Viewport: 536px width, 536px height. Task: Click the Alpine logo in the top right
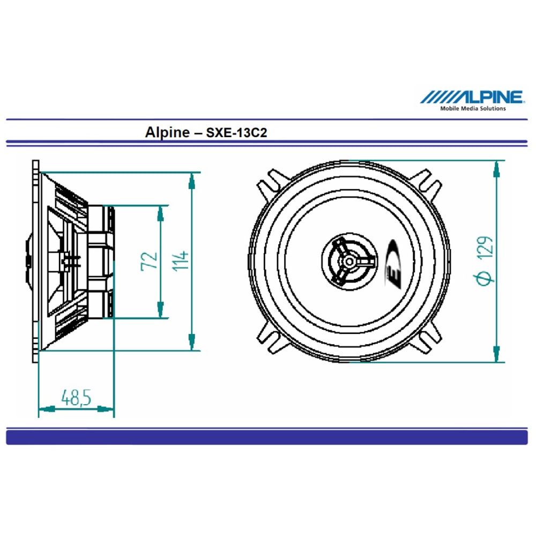472,97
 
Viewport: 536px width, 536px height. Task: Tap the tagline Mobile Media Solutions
473,108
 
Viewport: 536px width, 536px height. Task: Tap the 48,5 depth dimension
76,398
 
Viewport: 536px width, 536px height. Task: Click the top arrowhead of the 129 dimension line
497,168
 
